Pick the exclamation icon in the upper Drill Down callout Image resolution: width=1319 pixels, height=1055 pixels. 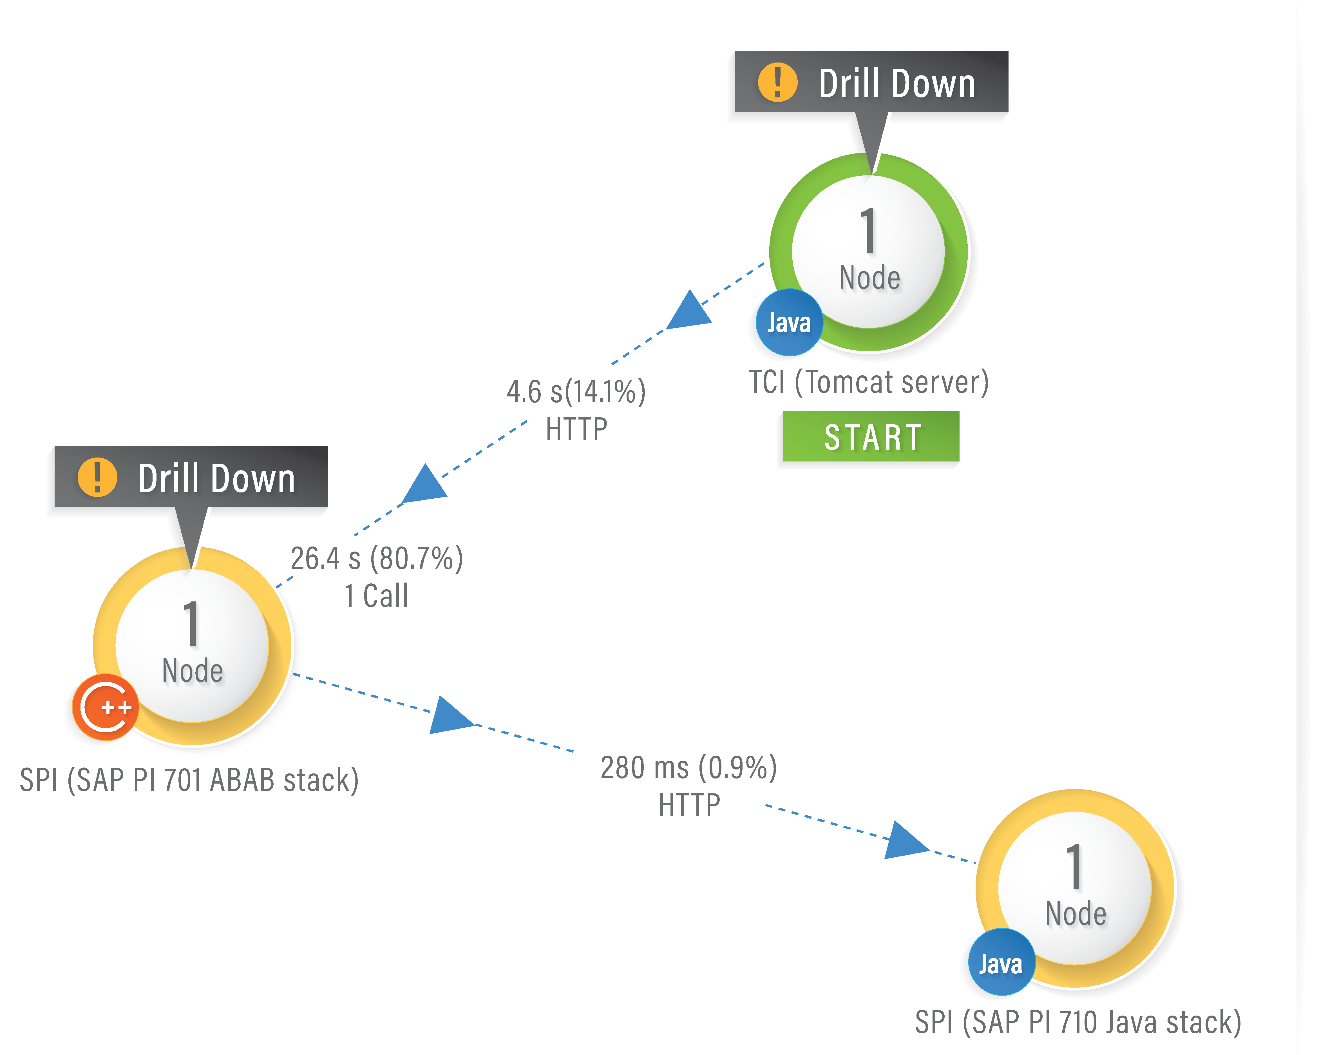[777, 82]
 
